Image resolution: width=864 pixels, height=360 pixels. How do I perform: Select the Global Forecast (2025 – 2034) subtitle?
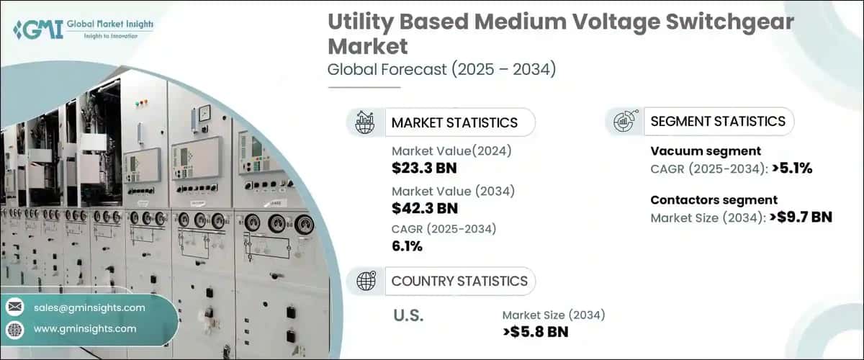(441, 70)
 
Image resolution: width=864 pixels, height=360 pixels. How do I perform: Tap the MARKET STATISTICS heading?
(454, 122)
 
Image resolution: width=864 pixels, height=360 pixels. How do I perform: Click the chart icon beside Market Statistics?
(365, 122)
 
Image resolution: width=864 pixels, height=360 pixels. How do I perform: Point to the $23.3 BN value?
(424, 169)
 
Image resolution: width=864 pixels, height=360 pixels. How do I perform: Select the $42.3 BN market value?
(425, 209)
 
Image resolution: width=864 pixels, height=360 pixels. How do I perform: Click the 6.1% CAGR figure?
(408, 247)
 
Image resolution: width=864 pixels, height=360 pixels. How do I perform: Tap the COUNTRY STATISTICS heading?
(459, 281)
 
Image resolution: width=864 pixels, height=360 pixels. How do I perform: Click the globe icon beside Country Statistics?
(365, 281)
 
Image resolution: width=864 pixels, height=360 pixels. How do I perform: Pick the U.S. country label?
(408, 315)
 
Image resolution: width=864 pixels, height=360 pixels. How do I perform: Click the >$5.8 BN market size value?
(536, 332)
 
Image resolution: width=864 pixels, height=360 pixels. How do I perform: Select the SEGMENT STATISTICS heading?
(718, 121)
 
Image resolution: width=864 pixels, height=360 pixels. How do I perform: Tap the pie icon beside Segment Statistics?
(624, 121)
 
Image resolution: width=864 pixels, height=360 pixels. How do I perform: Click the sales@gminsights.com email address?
(89, 307)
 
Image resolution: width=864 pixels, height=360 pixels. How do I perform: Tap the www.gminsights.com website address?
(85, 328)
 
